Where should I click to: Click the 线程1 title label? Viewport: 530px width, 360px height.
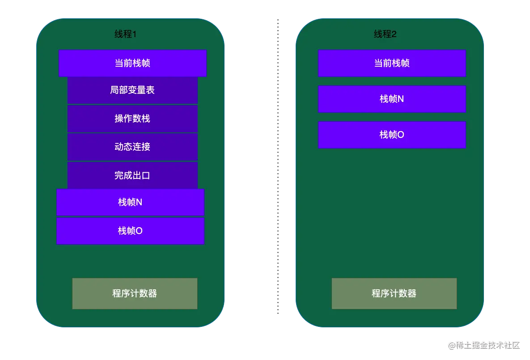pyautogui.click(x=125, y=34)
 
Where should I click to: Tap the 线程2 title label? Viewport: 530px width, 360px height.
pyautogui.click(x=385, y=34)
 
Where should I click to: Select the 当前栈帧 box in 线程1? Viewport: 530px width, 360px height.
pyautogui.click(x=132, y=63)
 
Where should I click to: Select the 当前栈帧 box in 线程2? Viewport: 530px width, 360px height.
pyautogui.click(x=392, y=63)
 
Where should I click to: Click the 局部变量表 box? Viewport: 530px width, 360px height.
pyautogui.click(x=132, y=90)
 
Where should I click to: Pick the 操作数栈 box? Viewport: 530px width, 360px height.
pyautogui.click(x=132, y=119)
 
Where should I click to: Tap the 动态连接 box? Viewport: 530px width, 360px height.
pyautogui.click(x=132, y=147)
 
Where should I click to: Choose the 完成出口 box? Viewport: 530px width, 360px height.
pyautogui.click(x=132, y=175)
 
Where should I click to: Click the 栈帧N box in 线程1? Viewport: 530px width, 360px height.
pyautogui.click(x=130, y=202)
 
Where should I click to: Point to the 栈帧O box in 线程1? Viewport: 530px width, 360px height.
pyautogui.click(x=130, y=231)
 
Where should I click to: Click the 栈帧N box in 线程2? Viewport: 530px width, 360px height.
pyautogui.click(x=392, y=99)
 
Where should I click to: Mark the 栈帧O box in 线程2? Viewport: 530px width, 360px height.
pyautogui.click(x=392, y=135)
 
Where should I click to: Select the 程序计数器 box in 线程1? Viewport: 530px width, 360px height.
pyautogui.click(x=135, y=293)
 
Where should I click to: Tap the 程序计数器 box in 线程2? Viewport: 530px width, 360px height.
pyautogui.click(x=394, y=293)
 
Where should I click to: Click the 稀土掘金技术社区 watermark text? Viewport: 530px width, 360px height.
pyautogui.click(x=487, y=345)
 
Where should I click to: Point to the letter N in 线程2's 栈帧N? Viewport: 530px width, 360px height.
pyautogui.click(x=401, y=99)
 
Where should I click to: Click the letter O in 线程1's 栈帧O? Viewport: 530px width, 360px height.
pyautogui.click(x=139, y=231)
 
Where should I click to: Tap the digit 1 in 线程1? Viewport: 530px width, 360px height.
pyautogui.click(x=134, y=34)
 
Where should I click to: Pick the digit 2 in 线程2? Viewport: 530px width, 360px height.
pyautogui.click(x=394, y=34)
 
